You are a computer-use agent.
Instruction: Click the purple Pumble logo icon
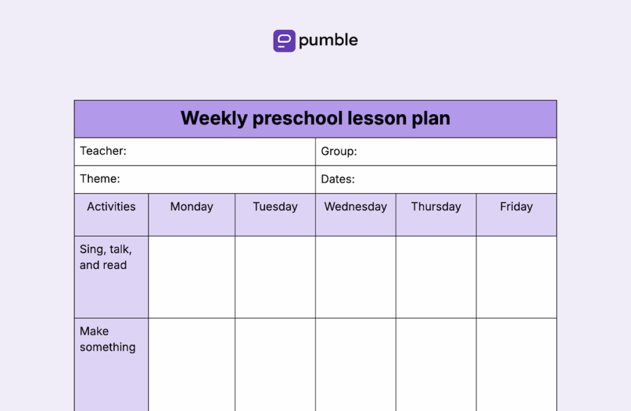click(284, 41)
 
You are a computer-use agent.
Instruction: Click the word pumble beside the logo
click(328, 41)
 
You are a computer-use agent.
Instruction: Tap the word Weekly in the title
click(213, 118)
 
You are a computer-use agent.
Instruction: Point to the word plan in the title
click(431, 118)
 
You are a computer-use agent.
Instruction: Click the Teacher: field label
click(103, 151)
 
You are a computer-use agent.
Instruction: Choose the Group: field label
click(339, 151)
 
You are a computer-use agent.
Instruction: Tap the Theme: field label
click(100, 179)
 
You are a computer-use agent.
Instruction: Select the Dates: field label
click(338, 180)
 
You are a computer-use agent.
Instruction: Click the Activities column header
click(111, 207)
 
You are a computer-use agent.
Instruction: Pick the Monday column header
click(192, 207)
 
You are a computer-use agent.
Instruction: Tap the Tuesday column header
click(275, 207)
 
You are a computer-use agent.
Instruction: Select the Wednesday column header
click(356, 207)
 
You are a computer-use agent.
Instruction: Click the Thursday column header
click(436, 207)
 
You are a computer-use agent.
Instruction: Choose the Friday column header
click(516, 207)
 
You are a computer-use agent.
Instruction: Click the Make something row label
click(107, 339)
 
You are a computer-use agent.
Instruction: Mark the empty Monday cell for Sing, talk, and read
click(192, 277)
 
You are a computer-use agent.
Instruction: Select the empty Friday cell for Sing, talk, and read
click(516, 277)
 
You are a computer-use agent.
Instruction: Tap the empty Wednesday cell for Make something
click(356, 364)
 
